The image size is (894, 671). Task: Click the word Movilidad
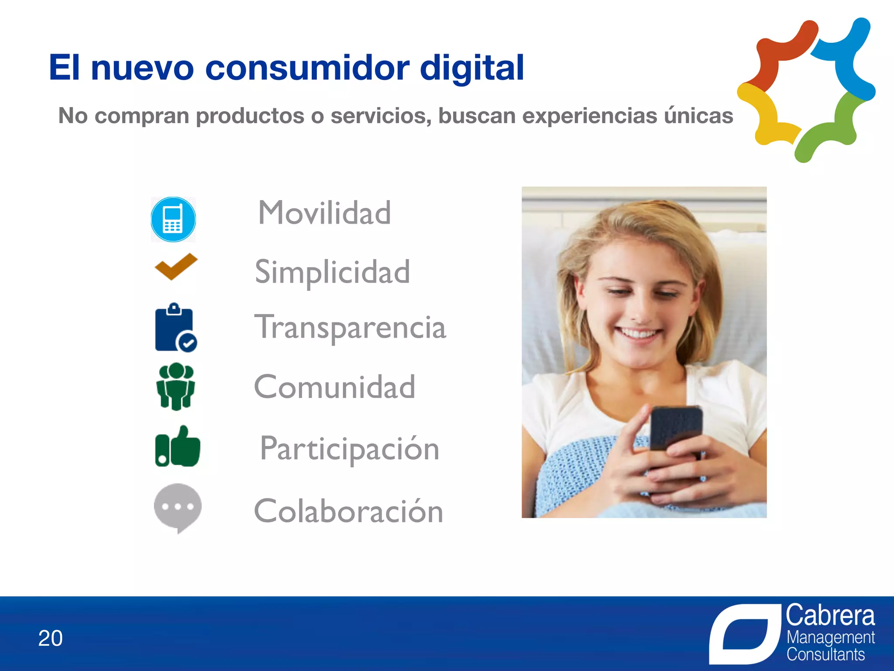(324, 213)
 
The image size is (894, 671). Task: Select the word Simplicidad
(332, 272)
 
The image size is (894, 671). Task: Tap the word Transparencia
(350, 327)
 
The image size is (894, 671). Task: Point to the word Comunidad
(334, 387)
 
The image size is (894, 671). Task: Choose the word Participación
(349, 449)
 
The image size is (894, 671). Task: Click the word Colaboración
(348, 511)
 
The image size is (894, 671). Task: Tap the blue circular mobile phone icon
(173, 219)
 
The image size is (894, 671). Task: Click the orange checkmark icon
(176, 266)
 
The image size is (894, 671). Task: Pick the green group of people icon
(175, 387)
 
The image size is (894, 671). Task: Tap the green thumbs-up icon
(178, 447)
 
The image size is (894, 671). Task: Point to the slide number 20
(50, 638)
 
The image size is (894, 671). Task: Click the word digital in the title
(471, 68)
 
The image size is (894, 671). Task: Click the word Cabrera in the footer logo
(830, 616)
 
